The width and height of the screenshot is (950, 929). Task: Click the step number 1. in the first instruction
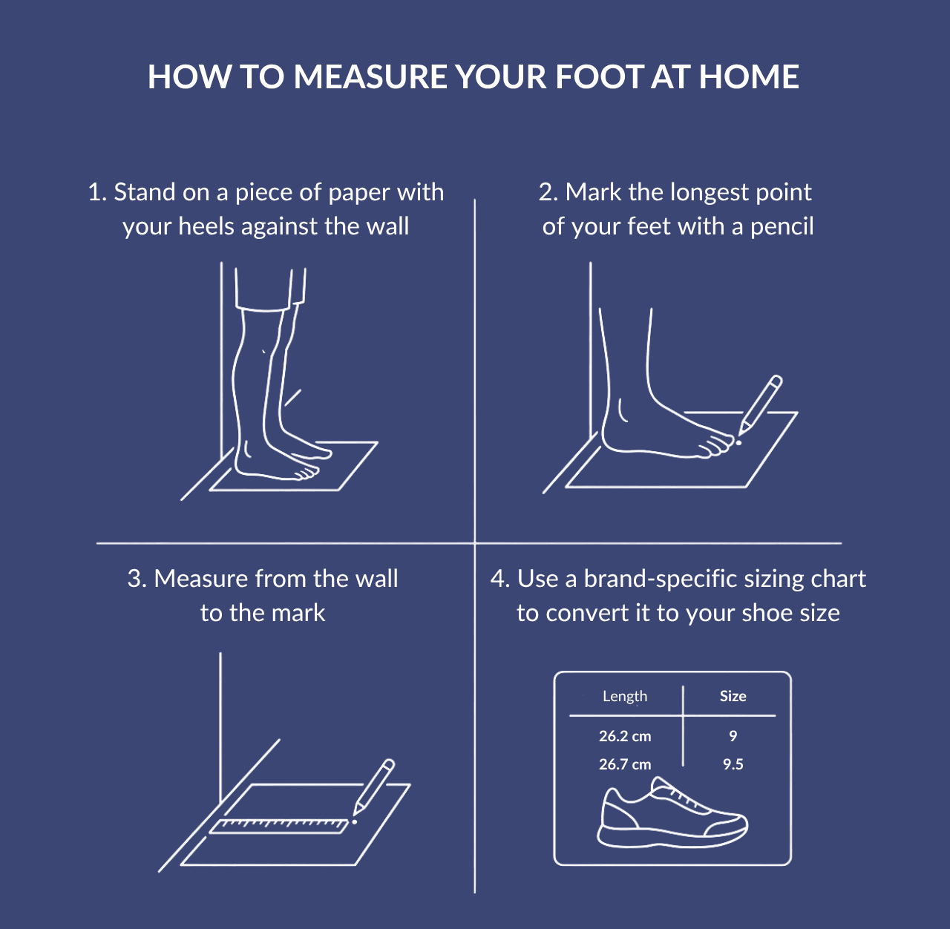97,192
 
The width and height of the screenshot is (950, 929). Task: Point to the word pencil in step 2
782,226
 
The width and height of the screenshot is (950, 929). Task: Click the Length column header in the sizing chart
624,696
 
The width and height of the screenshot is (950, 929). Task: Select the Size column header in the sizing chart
733,696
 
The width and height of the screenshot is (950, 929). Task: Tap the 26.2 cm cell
624,736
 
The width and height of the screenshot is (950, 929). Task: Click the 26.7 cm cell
624,764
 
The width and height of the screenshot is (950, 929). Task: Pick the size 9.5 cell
733,764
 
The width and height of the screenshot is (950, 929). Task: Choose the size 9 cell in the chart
733,736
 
